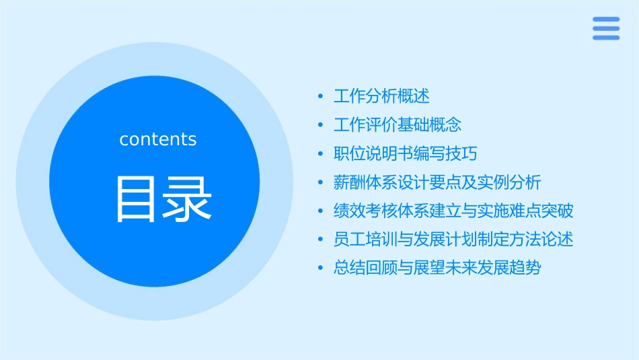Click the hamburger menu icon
pos(605,28)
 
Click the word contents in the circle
pos(158,139)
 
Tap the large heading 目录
pos(164,199)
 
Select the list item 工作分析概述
pos(381,96)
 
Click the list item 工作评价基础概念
pos(398,125)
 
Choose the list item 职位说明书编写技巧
pos(405,153)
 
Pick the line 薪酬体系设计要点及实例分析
pos(437,182)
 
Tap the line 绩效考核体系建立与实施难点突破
pos(453,211)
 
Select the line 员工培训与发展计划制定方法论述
pos(453,240)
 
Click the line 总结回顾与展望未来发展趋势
pos(437,268)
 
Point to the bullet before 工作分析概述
pos(320,97)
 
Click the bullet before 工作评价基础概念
pos(320,126)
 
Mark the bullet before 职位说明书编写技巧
pos(320,154)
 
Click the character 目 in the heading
pos(137,199)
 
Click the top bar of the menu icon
pos(605,20)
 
